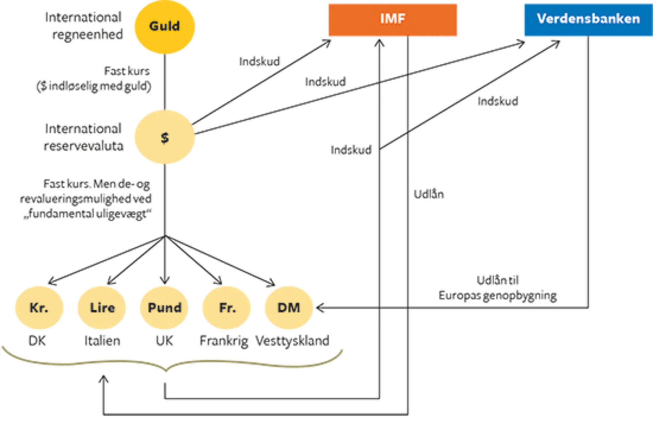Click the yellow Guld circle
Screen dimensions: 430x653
pyautogui.click(x=165, y=26)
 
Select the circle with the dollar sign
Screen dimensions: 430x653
pyautogui.click(x=165, y=137)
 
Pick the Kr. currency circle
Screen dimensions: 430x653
pyautogui.click(x=39, y=307)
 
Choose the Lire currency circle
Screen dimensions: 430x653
pyautogui.click(x=102, y=307)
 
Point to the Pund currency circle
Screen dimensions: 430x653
pyautogui.click(x=164, y=307)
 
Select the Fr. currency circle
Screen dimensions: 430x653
pyautogui.click(x=227, y=307)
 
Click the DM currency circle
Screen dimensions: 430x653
pyautogui.click(x=289, y=307)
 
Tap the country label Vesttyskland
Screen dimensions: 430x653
pyautogui.click(x=292, y=341)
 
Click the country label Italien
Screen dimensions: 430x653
pyautogui.click(x=102, y=341)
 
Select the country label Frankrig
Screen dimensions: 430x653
pyautogui.click(x=224, y=341)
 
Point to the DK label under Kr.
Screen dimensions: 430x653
pyautogui.click(x=37, y=341)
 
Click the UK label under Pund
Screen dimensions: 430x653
pyautogui.click(x=164, y=341)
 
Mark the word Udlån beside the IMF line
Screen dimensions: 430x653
pyautogui.click(x=429, y=194)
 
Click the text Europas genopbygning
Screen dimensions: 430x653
pyautogui.click(x=497, y=295)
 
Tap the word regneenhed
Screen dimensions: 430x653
pyautogui.click(x=88, y=34)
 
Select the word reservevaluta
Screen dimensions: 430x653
pyautogui.click(x=84, y=146)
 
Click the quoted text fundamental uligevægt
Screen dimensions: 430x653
pyautogui.click(x=88, y=214)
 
